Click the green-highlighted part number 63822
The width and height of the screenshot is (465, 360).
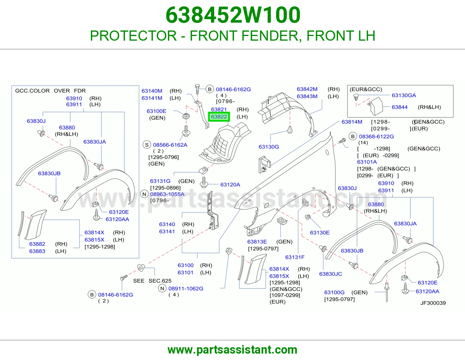[x=219, y=117]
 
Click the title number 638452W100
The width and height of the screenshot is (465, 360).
[x=233, y=15]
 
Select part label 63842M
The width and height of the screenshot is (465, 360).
[x=307, y=89]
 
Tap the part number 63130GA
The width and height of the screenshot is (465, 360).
[x=404, y=95]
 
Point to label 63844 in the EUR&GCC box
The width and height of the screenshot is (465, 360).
[x=400, y=107]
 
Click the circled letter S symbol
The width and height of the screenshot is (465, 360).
[x=147, y=145]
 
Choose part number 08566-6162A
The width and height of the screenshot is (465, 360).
[x=170, y=145]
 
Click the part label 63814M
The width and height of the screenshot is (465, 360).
[x=352, y=122]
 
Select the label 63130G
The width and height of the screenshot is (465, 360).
[x=269, y=147]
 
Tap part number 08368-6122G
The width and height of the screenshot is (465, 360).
[x=376, y=137]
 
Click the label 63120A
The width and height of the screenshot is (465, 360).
[x=230, y=185]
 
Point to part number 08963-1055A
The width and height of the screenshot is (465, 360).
[x=167, y=194]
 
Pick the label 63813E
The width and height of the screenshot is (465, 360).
[x=257, y=242]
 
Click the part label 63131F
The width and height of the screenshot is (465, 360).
[x=295, y=258]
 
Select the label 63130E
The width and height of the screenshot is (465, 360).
[x=320, y=233]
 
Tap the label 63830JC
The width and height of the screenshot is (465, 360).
[x=331, y=274]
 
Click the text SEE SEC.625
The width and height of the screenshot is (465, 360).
[x=152, y=281]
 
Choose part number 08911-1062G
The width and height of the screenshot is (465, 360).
[x=186, y=289]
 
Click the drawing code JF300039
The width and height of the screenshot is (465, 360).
[x=433, y=303]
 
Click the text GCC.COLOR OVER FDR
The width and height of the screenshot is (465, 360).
[x=50, y=91]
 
